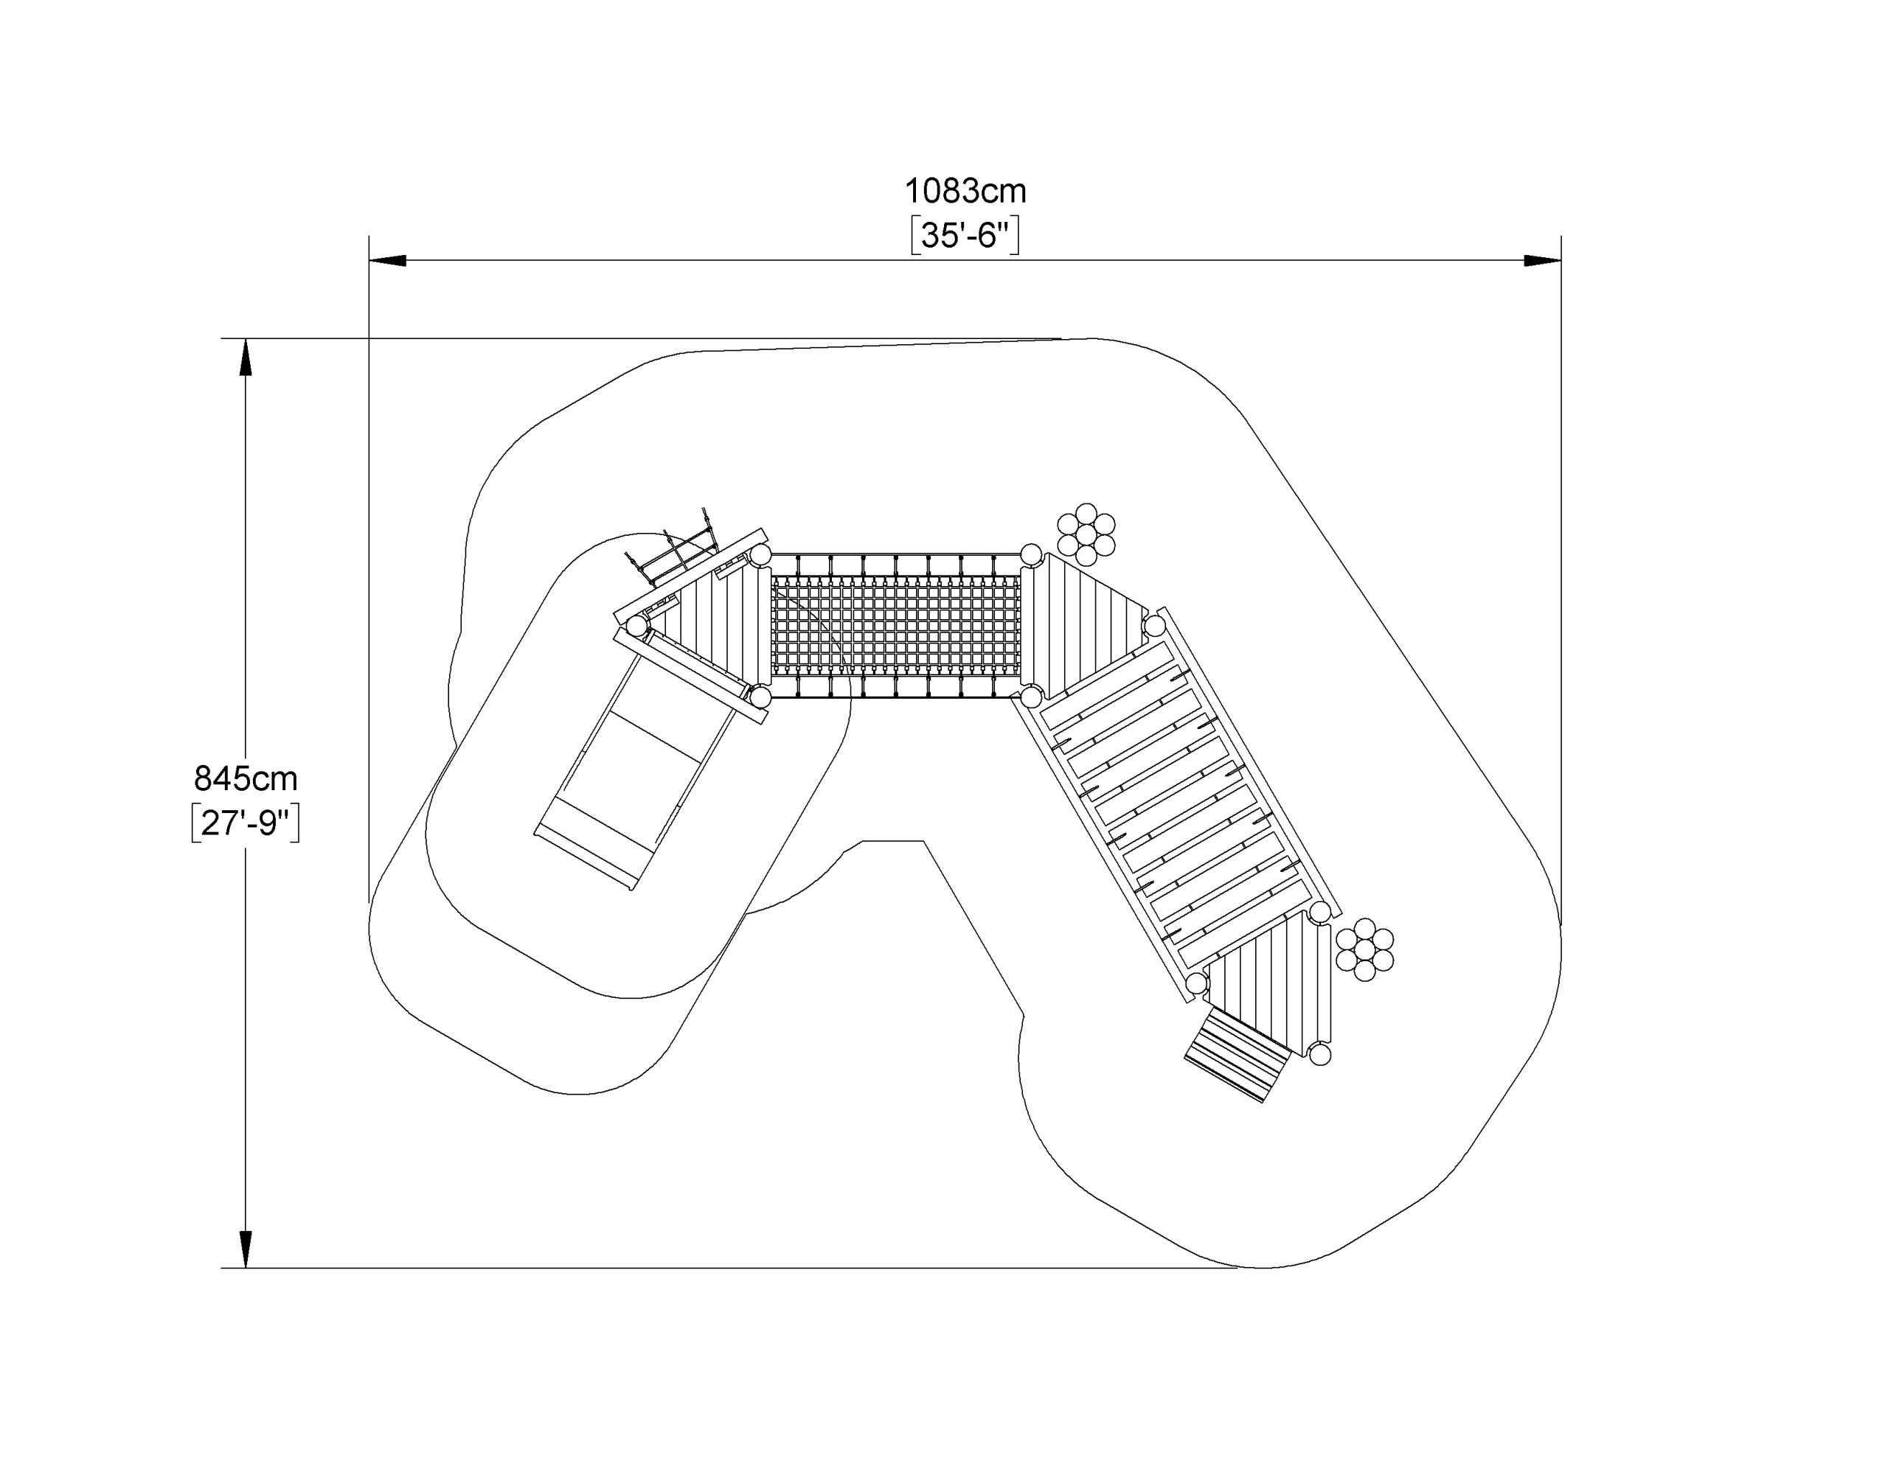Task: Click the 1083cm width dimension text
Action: (965, 190)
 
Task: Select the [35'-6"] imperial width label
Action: (965, 236)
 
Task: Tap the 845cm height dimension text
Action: (246, 778)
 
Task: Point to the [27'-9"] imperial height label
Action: (246, 823)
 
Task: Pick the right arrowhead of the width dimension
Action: (1542, 260)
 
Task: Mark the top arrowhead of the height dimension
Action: (246, 357)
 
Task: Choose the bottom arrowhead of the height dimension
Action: (246, 1249)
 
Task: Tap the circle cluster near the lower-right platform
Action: (1364, 949)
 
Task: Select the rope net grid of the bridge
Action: (895, 627)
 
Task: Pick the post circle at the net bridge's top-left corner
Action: (760, 555)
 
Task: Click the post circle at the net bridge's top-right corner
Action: (1030, 555)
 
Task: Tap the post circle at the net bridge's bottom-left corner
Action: (760, 696)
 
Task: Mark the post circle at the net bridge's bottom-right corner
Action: (1030, 696)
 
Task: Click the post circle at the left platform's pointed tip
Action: (637, 625)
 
